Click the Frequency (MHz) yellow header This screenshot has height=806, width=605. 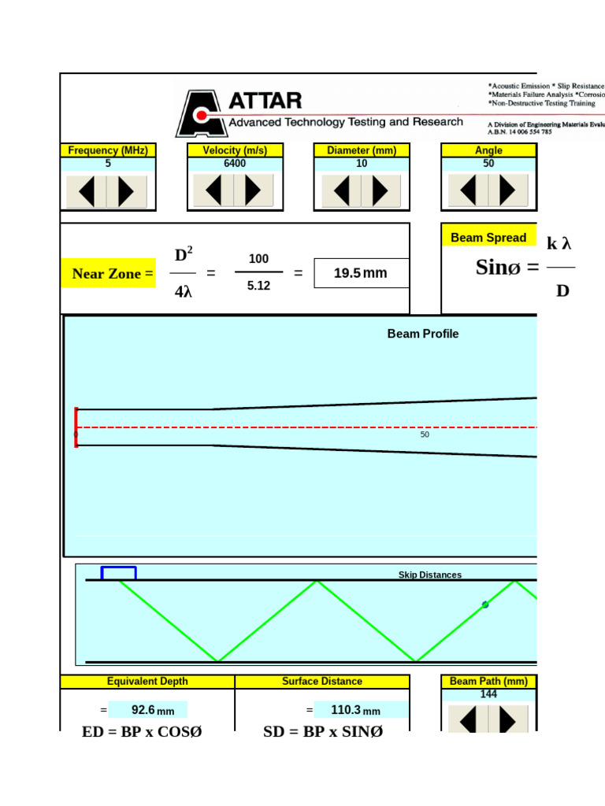pyautogui.click(x=108, y=150)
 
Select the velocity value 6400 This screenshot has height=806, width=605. pyautogui.click(x=235, y=164)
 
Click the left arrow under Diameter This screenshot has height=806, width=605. pyautogui.click(x=341, y=191)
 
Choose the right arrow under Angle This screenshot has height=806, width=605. pyautogui.click(x=507, y=190)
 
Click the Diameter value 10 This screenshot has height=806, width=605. pyautogui.click(x=362, y=164)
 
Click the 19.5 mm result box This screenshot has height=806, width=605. pyautogui.click(x=361, y=273)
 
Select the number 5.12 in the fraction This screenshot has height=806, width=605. pyautogui.click(x=258, y=287)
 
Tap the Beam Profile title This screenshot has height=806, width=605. pyautogui.click(x=422, y=334)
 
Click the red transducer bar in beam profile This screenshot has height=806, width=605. pyautogui.click(x=76, y=427)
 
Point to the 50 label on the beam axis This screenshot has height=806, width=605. pyautogui.click(x=425, y=434)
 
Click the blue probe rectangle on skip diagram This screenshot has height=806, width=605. pyautogui.click(x=118, y=573)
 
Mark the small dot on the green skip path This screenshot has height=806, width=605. pyautogui.click(x=485, y=604)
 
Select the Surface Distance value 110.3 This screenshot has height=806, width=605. pyautogui.click(x=346, y=710)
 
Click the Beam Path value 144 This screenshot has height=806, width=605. pyautogui.click(x=488, y=694)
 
